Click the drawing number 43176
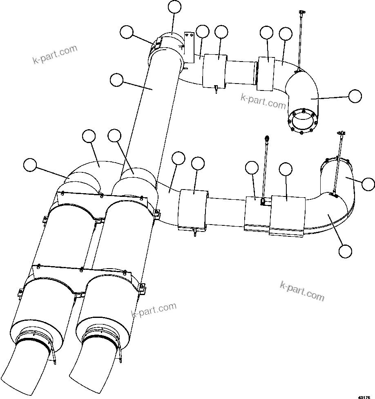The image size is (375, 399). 365,396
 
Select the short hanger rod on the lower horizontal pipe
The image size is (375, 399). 264,167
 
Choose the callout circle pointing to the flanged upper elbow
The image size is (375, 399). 355,96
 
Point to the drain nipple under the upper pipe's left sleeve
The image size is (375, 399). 215,90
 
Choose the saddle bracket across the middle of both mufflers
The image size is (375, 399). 82,279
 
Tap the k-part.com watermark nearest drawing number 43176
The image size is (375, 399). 302,291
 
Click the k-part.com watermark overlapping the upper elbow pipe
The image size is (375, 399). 263,102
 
